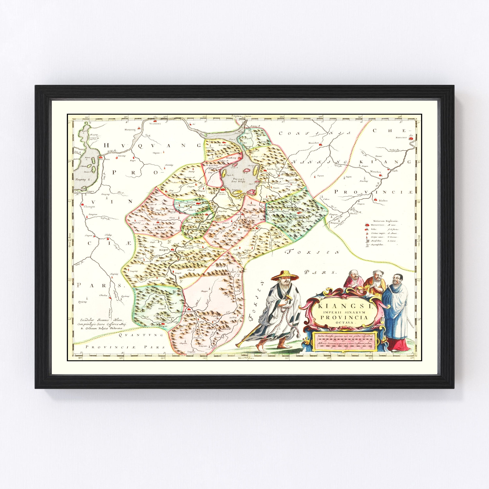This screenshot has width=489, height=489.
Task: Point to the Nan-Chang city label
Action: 222,194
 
